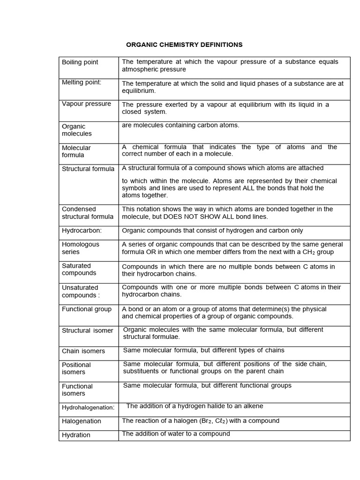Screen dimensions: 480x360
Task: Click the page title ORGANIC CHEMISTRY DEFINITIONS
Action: coord(184,45)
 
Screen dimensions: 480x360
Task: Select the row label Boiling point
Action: coord(80,62)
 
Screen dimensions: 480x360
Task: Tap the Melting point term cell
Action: coord(82,82)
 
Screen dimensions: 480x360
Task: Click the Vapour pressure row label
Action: coord(86,104)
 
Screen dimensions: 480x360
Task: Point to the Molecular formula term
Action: coord(76,151)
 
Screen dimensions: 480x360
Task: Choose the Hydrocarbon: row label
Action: coord(82,230)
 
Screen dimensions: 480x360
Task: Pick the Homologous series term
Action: coord(81,248)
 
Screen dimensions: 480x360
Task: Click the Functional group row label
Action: coord(87,309)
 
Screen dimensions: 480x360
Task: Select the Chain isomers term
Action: coord(83,351)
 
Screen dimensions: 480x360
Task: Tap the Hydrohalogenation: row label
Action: coord(88,407)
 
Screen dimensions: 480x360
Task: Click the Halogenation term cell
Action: coord(82,421)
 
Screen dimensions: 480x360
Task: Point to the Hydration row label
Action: coord(76,435)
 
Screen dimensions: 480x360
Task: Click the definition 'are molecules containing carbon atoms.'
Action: coord(180,125)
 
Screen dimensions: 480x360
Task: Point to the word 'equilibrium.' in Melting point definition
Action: coord(139,90)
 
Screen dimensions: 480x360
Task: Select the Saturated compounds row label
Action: coord(79,269)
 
